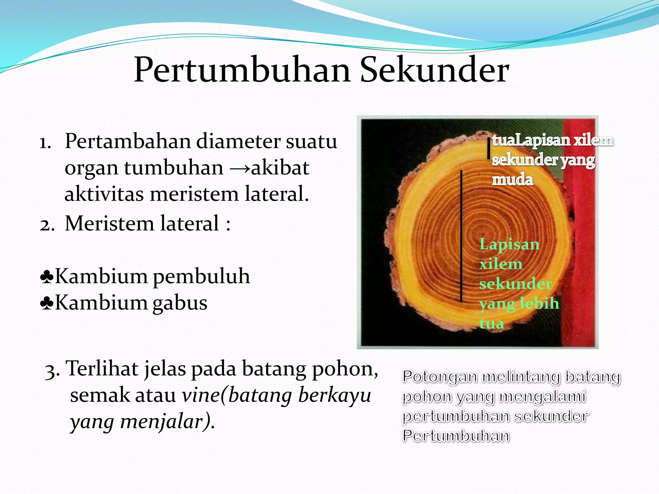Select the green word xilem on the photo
[501, 264]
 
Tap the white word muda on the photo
[512, 179]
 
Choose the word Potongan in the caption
[440, 377]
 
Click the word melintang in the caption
[521, 377]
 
